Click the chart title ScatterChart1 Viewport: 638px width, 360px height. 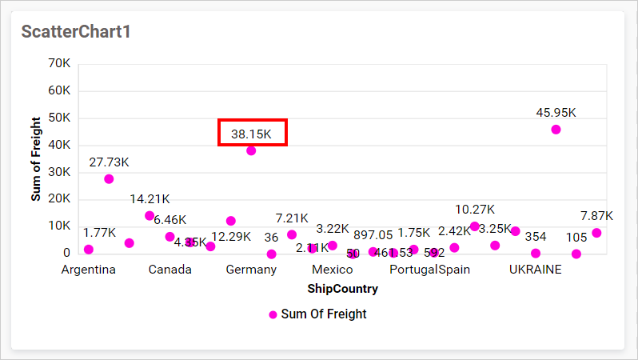pos(75,32)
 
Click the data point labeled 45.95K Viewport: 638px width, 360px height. pos(556,130)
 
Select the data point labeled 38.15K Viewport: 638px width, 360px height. pos(251,150)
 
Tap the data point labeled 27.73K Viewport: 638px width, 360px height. pos(109,179)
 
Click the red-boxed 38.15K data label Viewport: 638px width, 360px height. pos(252,134)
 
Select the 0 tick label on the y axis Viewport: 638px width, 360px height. pos(66,253)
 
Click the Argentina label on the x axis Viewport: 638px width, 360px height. pos(89,270)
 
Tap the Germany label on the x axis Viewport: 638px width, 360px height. pos(251,270)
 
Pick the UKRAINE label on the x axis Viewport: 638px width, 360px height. pos(536,270)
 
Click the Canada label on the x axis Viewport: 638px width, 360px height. pos(169,270)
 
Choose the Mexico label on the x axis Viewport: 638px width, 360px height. pos(332,270)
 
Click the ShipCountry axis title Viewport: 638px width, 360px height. pos(332,287)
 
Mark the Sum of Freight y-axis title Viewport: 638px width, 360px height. pos(36,158)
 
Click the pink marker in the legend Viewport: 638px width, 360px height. pos(273,314)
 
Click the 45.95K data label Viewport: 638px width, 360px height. pos(556,112)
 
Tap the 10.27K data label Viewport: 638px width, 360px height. pos(475,210)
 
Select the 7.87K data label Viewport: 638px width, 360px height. pos(596,216)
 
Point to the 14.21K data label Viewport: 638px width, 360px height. pos(150,198)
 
